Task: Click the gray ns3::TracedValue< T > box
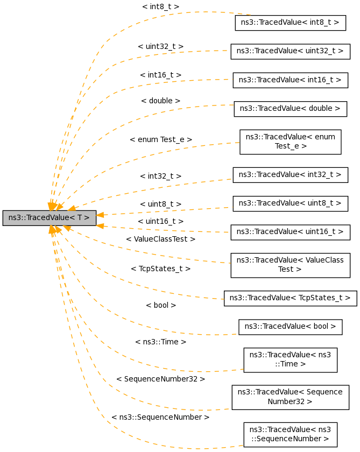pyautogui.click(x=49, y=218)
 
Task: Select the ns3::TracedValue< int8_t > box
pyautogui.click(x=290, y=23)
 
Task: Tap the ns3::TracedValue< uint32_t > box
pyautogui.click(x=290, y=51)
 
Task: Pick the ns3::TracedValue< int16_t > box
pyautogui.click(x=290, y=80)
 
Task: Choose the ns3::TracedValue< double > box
pyautogui.click(x=290, y=108)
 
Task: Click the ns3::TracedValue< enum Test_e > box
pyautogui.click(x=290, y=142)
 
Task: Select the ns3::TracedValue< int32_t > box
pyautogui.click(x=290, y=174)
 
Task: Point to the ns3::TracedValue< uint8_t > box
pyautogui.click(x=290, y=203)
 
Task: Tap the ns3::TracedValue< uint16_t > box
pyautogui.click(x=290, y=231)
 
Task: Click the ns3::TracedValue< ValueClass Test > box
pyautogui.click(x=290, y=265)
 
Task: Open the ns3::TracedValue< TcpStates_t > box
pyautogui.click(x=290, y=298)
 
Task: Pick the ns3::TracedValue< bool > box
pyautogui.click(x=290, y=326)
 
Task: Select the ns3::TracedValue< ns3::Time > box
pyautogui.click(x=290, y=359)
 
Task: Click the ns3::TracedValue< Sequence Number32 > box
pyautogui.click(x=290, y=397)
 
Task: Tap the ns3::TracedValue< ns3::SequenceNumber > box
pyautogui.click(x=290, y=434)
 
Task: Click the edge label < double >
pyautogui.click(x=160, y=101)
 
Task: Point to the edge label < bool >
pyautogui.click(x=161, y=305)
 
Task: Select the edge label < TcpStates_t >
pyautogui.click(x=160, y=268)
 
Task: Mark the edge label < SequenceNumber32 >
pyautogui.click(x=160, y=379)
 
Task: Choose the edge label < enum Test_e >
pyautogui.click(x=160, y=139)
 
